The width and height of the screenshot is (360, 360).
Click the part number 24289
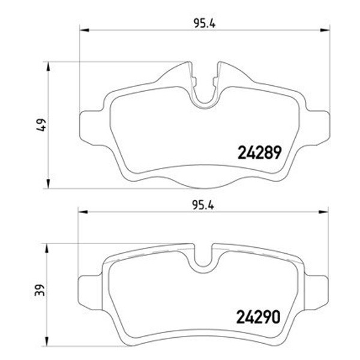(259, 152)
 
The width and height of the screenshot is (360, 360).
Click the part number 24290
(259, 317)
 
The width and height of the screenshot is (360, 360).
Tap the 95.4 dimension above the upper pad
(205, 23)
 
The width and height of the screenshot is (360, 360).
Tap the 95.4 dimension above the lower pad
(203, 205)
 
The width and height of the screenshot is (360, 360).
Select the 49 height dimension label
(41, 125)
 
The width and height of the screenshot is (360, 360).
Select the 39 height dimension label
(39, 290)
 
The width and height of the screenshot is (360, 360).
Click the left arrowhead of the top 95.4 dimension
(84, 30)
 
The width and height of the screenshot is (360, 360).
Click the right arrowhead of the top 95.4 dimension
(325, 30)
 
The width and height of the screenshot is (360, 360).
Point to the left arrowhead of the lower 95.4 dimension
(83, 212)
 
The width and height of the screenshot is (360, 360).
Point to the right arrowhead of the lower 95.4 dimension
(323, 212)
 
